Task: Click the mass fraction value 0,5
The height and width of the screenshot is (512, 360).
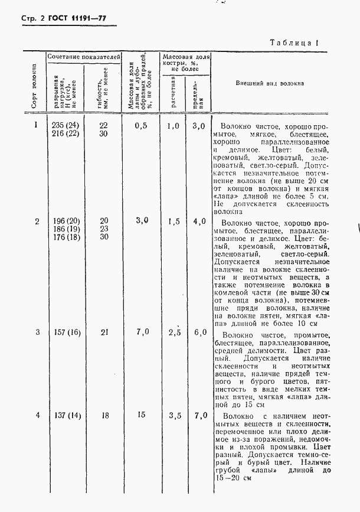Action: tap(140, 125)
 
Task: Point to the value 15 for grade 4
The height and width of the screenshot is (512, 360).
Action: tap(141, 416)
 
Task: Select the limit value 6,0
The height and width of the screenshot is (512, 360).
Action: tap(199, 332)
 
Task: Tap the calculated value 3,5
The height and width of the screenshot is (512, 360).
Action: tap(173, 416)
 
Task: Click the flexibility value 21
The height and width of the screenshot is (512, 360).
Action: tap(104, 332)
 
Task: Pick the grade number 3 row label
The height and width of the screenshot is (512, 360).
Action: tap(37, 332)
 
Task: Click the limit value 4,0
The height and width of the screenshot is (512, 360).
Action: tap(199, 221)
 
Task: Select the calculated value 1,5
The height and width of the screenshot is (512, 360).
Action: tap(173, 221)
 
